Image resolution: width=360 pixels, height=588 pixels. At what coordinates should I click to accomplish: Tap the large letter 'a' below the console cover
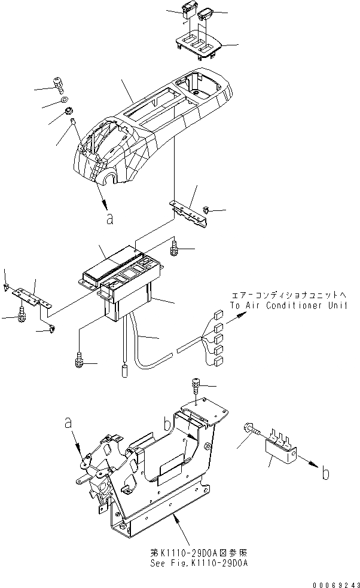click(109, 219)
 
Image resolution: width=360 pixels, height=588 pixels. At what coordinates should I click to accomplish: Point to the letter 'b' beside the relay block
click(325, 474)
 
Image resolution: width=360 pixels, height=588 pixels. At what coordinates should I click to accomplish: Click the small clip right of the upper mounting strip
click(206, 210)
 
